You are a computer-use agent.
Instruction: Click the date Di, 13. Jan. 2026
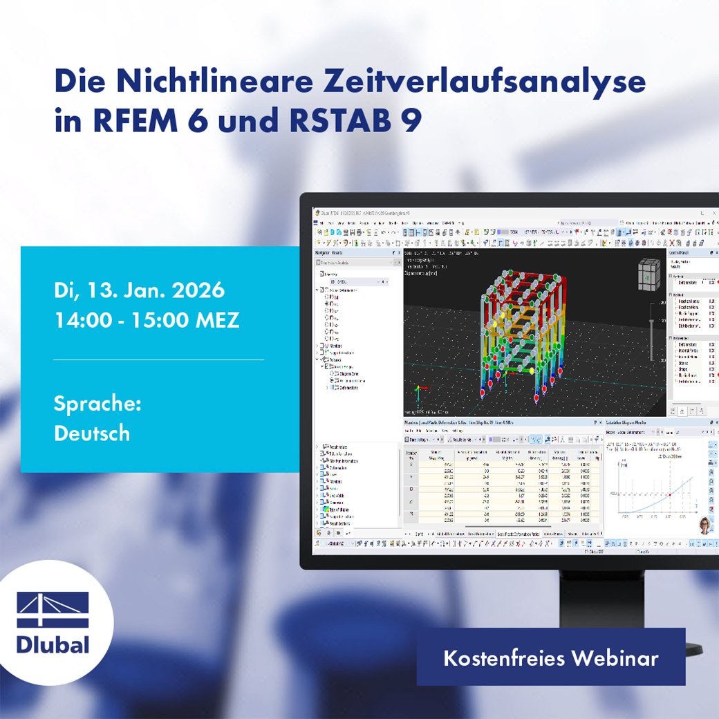pos(139,290)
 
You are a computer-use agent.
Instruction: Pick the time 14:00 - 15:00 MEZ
pos(147,321)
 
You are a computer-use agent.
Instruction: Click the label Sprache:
pos(97,404)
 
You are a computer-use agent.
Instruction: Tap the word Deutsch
pos(92,433)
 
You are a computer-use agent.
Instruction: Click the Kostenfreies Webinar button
pos(550,657)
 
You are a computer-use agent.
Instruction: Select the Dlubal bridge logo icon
pos(53,609)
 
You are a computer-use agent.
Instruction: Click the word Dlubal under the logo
pos(53,645)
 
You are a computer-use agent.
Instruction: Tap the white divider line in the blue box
pos(158,360)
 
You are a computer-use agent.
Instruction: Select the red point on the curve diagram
pos(669,495)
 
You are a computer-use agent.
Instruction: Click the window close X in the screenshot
pos(713,212)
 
